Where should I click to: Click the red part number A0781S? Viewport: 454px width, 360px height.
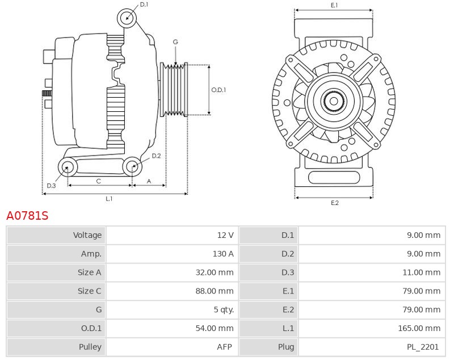(x=27, y=216)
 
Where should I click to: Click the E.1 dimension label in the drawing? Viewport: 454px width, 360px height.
(x=334, y=5)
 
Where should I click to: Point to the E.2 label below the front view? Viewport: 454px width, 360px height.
(x=334, y=203)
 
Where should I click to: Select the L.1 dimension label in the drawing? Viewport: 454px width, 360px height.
(x=109, y=198)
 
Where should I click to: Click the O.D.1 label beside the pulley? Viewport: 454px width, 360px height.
(x=218, y=90)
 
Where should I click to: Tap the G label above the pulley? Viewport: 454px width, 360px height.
(x=175, y=42)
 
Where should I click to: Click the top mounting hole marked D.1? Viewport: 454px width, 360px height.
(x=127, y=18)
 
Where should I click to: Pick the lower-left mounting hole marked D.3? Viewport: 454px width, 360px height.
(x=68, y=167)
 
